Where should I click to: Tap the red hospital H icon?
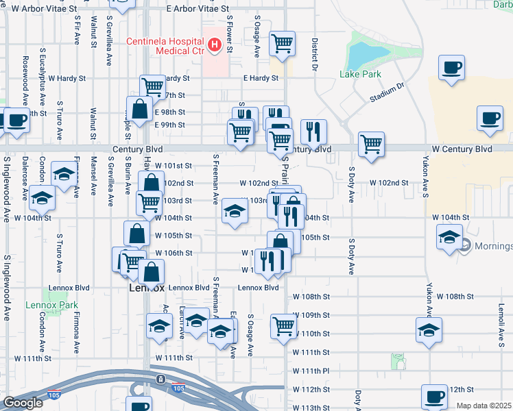tap(214, 46)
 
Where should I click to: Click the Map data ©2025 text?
tap(484, 406)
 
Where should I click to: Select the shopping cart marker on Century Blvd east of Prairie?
tap(371, 144)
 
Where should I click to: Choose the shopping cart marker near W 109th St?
tap(283, 325)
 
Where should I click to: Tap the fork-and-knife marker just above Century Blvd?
tap(313, 130)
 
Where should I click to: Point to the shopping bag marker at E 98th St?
tap(139, 108)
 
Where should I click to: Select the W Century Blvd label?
tap(462, 149)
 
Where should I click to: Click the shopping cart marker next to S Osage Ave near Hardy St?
tap(283, 44)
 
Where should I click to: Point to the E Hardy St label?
tap(261, 78)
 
